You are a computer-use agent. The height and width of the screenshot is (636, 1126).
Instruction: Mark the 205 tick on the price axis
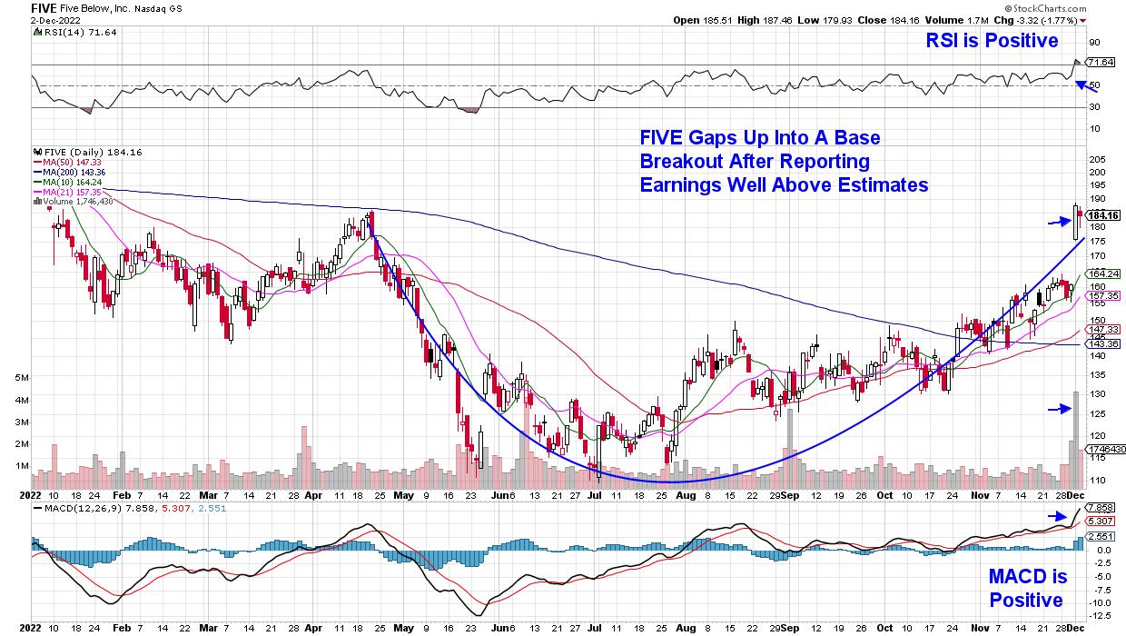[x=1096, y=158]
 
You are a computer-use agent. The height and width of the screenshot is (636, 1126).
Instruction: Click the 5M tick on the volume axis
[x=24, y=376]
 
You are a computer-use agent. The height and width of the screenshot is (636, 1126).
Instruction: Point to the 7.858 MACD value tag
[x=1099, y=509]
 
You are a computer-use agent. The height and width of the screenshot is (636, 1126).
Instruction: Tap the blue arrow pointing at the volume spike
[x=1059, y=410]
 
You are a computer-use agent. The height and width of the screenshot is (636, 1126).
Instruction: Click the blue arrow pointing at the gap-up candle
[x=1059, y=221]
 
